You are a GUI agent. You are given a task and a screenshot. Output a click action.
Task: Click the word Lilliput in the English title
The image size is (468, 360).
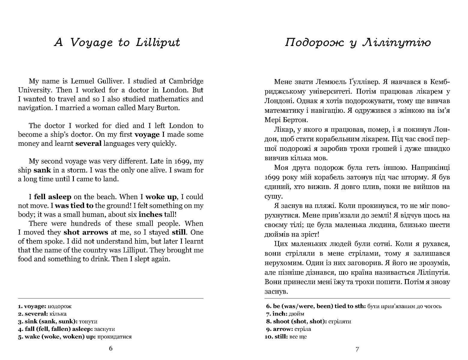click(158, 42)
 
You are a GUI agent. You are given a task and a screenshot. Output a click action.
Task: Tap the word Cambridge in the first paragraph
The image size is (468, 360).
click(186, 81)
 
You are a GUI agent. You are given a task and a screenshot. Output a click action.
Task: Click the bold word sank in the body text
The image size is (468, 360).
click(42, 170)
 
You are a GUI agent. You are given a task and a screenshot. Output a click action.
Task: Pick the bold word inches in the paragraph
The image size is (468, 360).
click(150, 214)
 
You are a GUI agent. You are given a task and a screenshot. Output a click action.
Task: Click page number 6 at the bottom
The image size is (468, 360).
click(110, 348)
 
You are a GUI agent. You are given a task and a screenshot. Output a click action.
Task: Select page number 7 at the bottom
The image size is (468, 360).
click(357, 349)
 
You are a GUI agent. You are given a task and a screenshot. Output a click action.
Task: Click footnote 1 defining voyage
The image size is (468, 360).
click(45, 306)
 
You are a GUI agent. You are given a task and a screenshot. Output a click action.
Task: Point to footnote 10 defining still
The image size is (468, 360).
click(286, 337)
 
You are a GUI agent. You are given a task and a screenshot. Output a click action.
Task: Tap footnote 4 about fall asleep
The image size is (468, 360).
click(67, 329)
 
